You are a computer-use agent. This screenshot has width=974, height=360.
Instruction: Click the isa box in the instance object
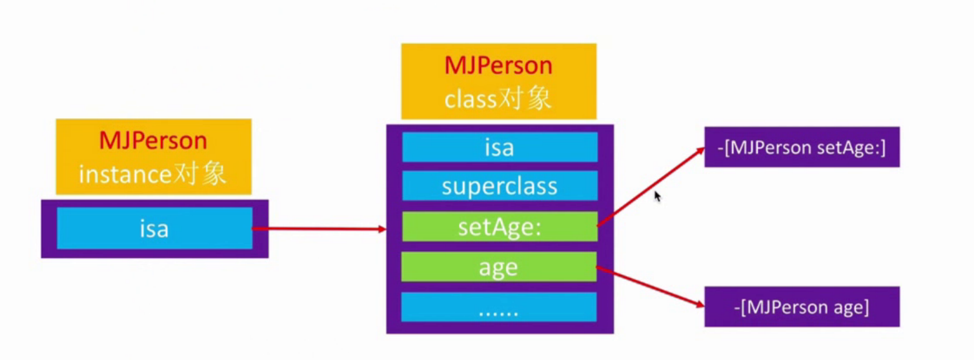click(x=154, y=228)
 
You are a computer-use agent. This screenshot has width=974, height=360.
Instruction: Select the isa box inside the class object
click(x=500, y=147)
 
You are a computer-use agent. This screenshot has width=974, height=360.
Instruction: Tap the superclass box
click(x=500, y=186)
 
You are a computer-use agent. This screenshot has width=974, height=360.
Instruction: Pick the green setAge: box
click(x=500, y=226)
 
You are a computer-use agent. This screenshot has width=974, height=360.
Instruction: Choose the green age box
click(x=498, y=266)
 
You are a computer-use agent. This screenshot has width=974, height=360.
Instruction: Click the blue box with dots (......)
click(x=498, y=307)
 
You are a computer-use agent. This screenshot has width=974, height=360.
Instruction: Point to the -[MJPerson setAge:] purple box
click(x=802, y=147)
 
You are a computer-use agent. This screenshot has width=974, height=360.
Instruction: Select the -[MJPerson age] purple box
click(x=802, y=306)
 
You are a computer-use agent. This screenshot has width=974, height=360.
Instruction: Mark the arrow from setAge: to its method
click(x=651, y=187)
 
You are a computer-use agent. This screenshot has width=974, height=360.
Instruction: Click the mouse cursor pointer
click(x=657, y=195)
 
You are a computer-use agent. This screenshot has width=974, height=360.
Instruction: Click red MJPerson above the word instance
click(x=153, y=141)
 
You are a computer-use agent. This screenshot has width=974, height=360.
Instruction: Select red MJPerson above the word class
click(x=498, y=65)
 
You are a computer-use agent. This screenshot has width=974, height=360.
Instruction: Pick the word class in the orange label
click(x=470, y=99)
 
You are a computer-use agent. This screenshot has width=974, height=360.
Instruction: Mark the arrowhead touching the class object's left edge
click(x=381, y=229)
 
